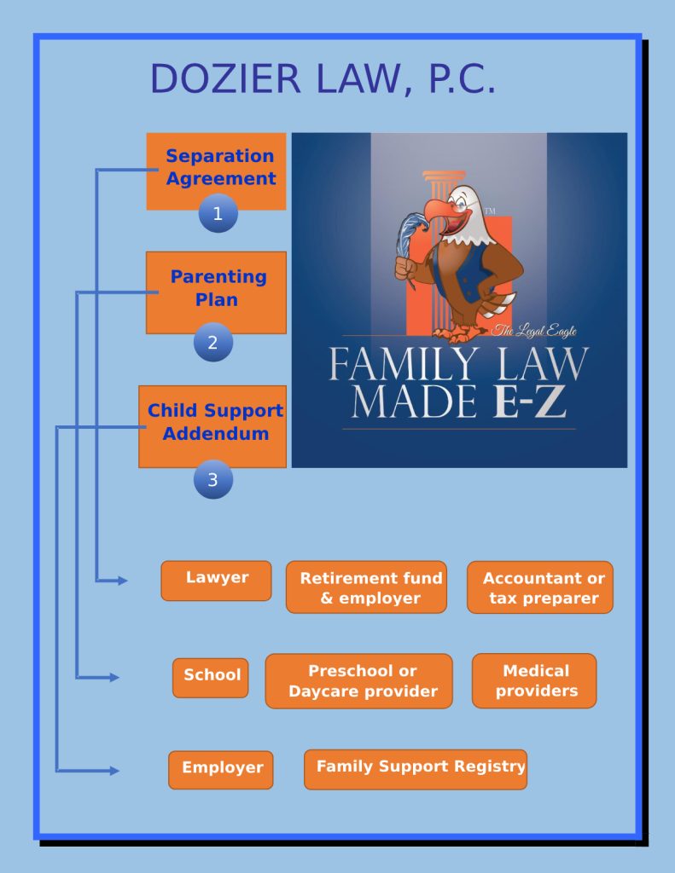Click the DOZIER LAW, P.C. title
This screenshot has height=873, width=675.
click(322, 79)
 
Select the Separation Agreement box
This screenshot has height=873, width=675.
click(217, 168)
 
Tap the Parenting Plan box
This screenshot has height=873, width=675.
click(217, 288)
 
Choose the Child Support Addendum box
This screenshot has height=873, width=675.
click(213, 423)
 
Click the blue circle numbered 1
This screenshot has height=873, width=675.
click(218, 214)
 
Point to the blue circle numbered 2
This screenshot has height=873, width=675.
click(212, 343)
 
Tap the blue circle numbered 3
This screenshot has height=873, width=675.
click(212, 480)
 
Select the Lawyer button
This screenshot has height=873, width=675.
click(217, 580)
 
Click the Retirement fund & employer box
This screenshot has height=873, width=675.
click(366, 587)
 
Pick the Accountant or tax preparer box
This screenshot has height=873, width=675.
click(540, 587)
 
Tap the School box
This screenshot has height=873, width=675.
click(211, 677)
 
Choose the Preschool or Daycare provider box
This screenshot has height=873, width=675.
click(358, 681)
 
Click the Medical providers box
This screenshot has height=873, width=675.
click(534, 680)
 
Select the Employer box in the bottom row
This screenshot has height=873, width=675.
click(221, 769)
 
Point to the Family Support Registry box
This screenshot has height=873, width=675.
click(416, 768)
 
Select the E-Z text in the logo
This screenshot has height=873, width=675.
click(530, 402)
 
